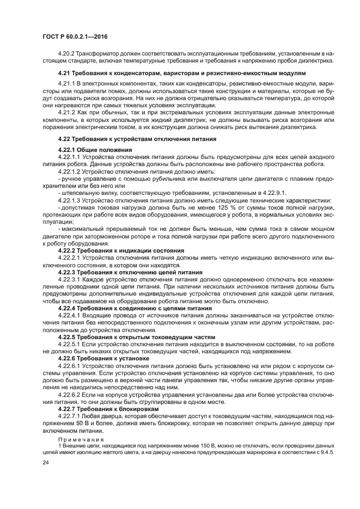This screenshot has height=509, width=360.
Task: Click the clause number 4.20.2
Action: (67, 53)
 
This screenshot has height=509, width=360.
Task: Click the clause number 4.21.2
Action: (67, 111)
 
